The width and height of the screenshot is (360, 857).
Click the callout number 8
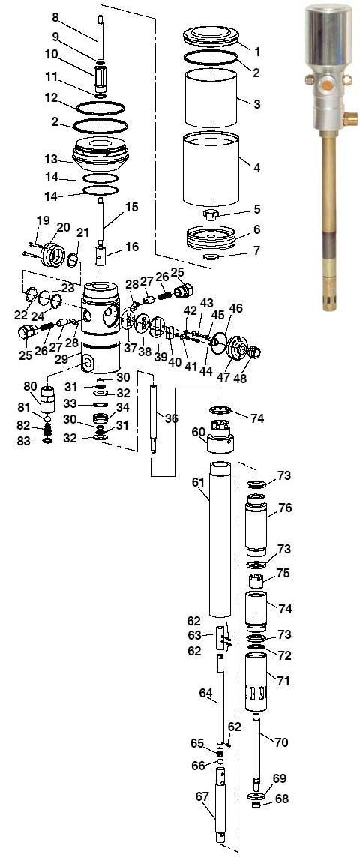click(55, 16)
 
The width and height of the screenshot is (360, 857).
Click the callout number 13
click(51, 159)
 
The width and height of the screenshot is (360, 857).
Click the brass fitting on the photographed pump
click(348, 116)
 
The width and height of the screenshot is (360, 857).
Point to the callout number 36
click(171, 418)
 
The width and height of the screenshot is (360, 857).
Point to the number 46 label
click(236, 308)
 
